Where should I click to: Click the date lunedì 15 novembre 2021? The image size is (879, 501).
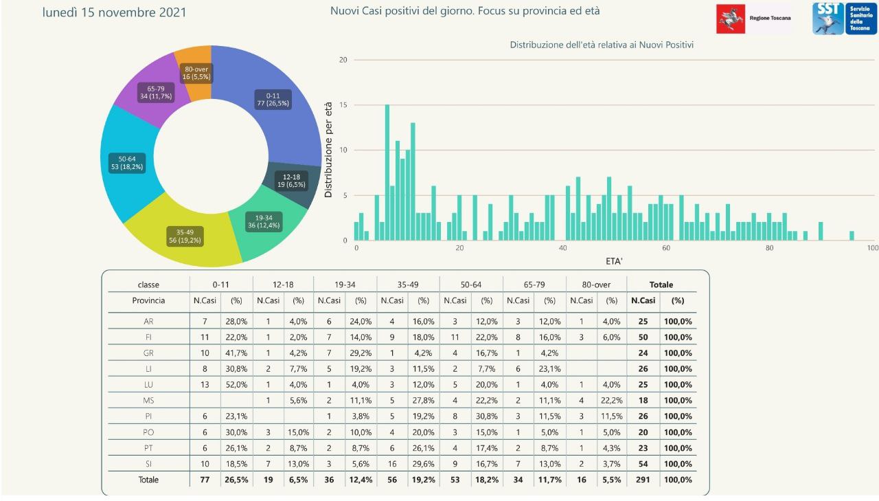114,12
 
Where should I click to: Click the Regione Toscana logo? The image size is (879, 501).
753,19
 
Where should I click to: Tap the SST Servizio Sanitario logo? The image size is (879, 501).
844,19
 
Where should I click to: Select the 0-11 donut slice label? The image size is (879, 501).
273,99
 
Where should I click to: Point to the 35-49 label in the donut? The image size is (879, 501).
185,236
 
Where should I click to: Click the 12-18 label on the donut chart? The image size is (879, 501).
291,181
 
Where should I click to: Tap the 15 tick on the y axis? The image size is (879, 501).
343,105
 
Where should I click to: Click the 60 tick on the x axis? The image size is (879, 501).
666,248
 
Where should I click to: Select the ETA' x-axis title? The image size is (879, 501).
615,261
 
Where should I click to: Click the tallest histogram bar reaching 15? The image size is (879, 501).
387,172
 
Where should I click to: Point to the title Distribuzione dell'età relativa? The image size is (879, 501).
602,45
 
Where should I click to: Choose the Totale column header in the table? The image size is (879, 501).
661,284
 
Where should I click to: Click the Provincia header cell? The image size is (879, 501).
148,300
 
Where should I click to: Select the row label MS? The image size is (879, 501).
148,400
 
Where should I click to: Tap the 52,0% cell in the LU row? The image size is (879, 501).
237,384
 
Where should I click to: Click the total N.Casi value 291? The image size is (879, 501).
643,480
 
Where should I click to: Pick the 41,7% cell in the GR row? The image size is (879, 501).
237,353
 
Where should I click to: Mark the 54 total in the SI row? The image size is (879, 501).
643,464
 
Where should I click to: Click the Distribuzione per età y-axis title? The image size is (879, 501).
328,149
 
